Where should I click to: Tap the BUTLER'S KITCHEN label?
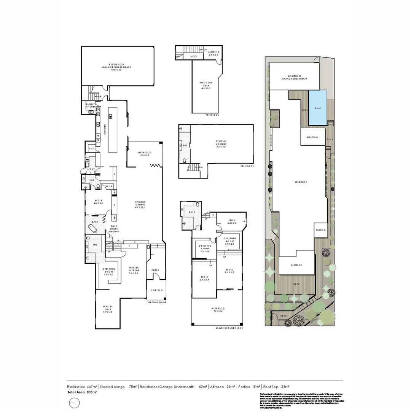point(90,105)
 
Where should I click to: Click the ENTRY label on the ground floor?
point(156,270)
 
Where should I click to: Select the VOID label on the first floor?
point(194,57)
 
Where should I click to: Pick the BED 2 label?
point(228,270)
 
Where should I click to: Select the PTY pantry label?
point(92,148)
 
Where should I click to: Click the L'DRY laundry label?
point(91,169)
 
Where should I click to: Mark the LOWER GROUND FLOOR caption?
point(229,328)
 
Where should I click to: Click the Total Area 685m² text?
point(82,392)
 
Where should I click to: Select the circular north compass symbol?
point(75,403)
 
